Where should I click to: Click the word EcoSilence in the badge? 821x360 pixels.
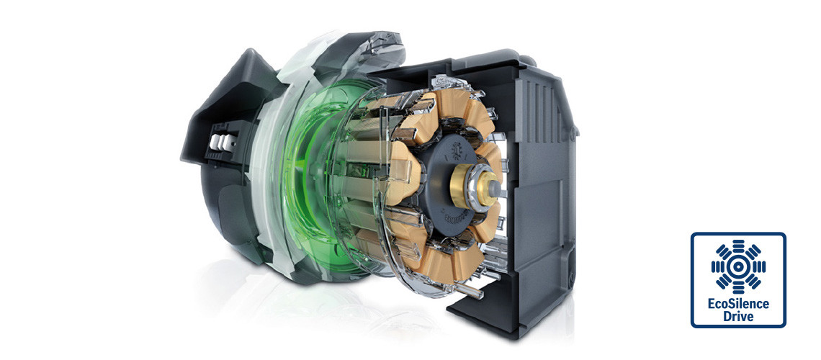pyautogui.click(x=738, y=304)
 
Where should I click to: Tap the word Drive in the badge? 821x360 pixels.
pyautogui.click(x=738, y=316)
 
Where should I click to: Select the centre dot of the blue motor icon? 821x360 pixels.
pyautogui.click(x=738, y=266)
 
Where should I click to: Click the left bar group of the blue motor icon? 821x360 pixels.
pyautogui.click(x=717, y=266)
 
